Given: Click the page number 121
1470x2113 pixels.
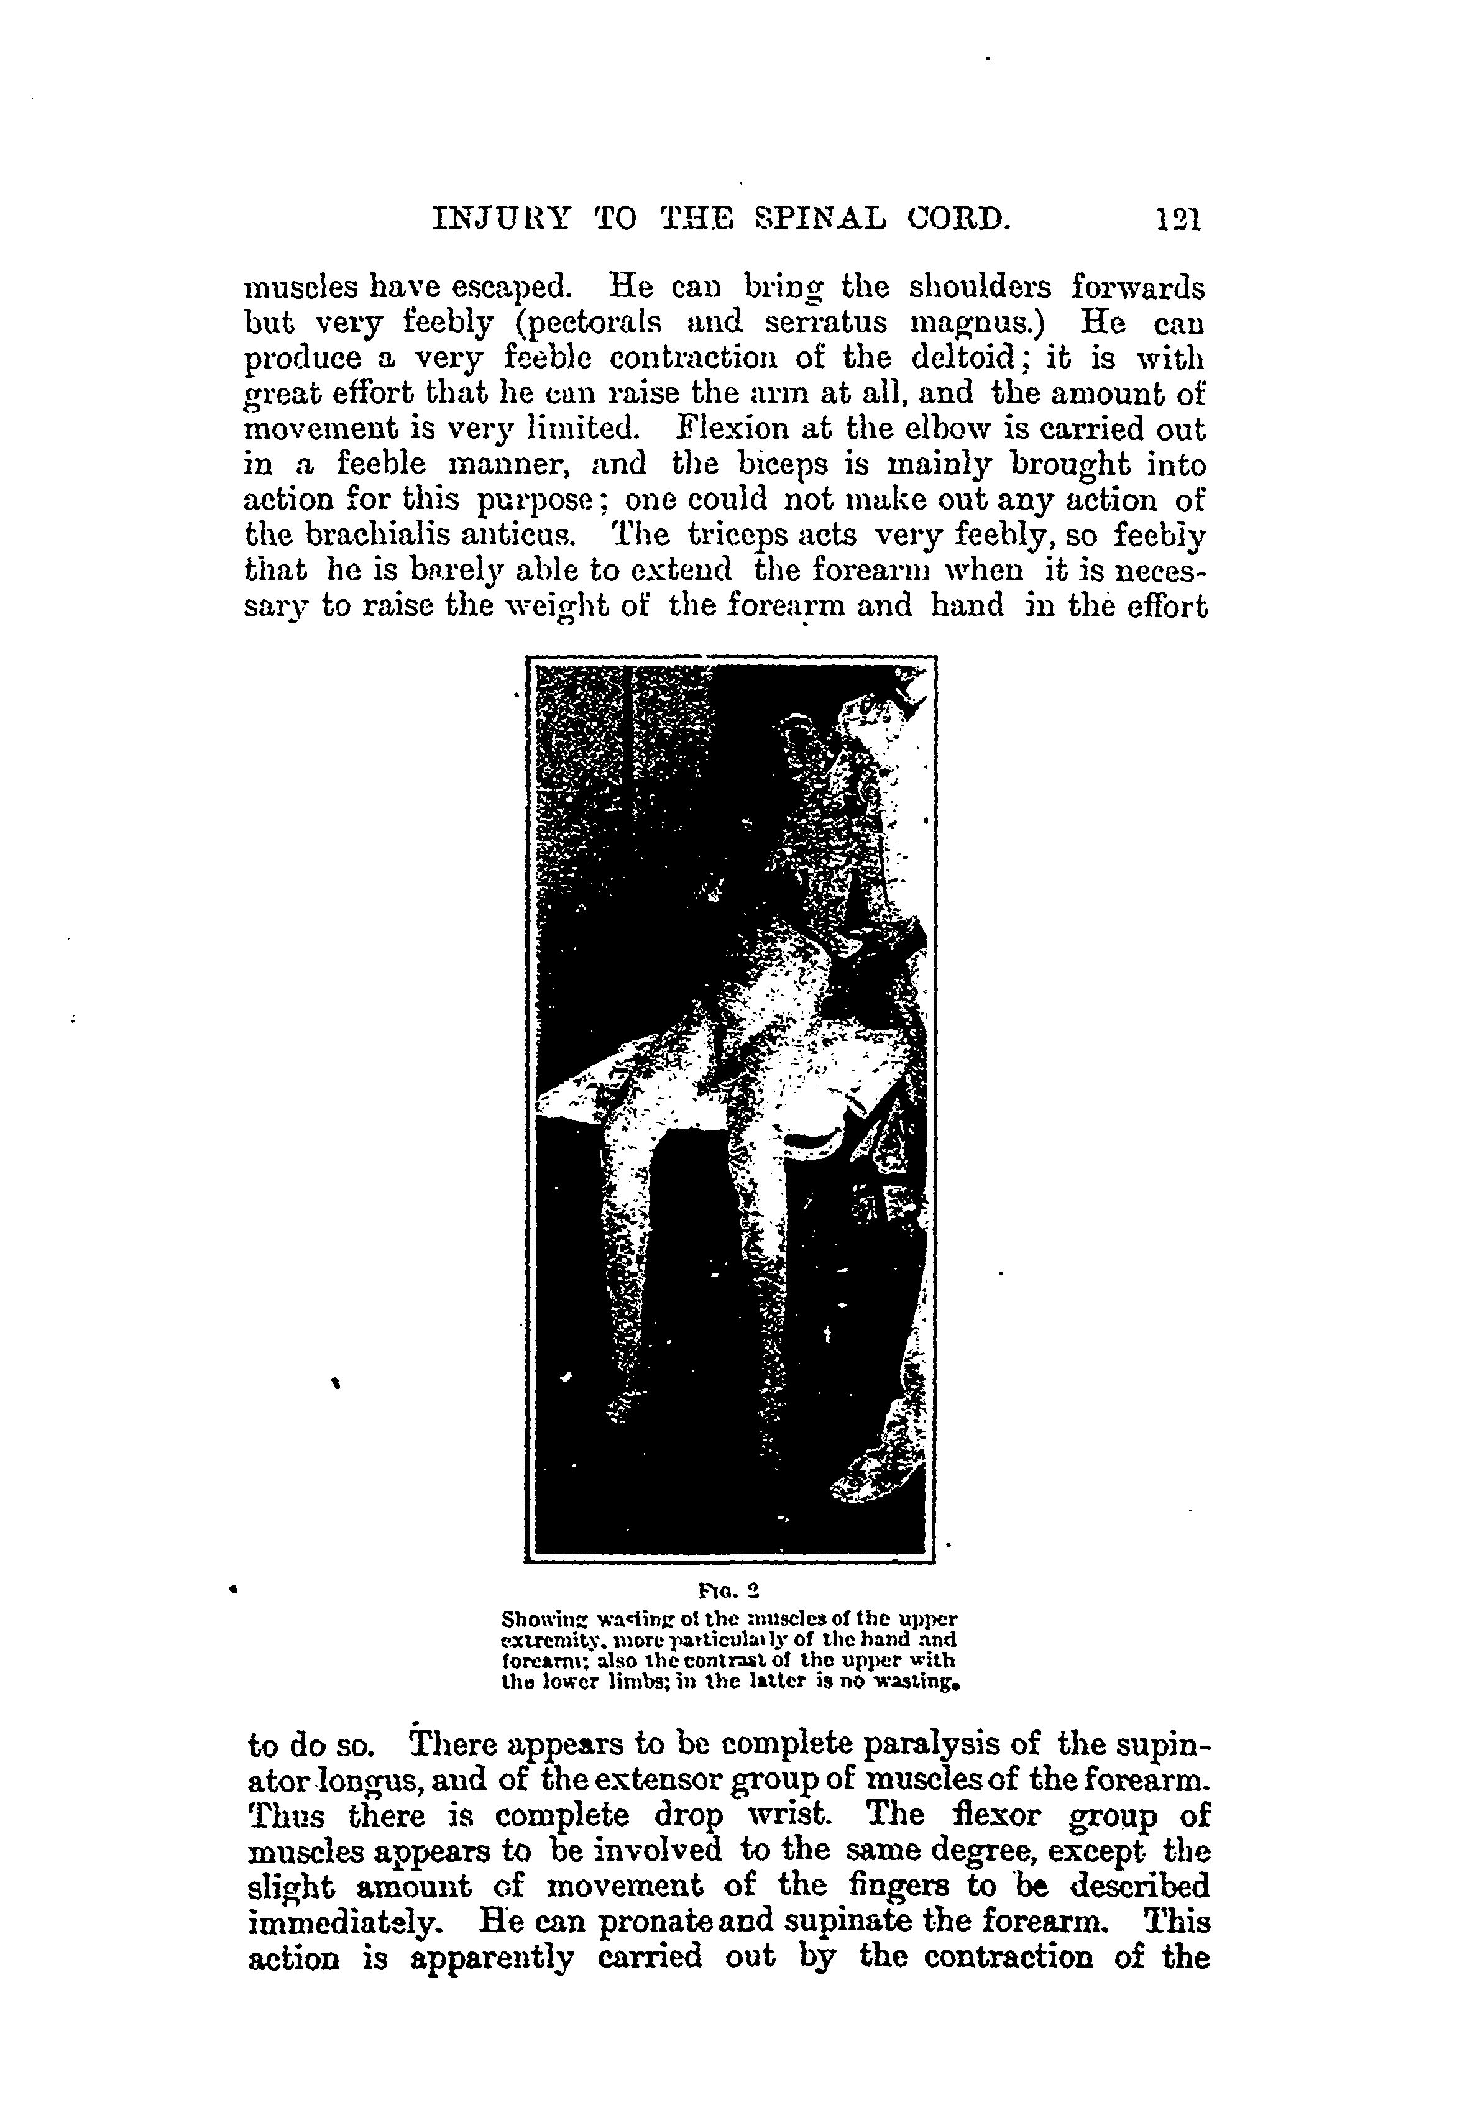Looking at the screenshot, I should pyautogui.click(x=1178, y=221).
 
